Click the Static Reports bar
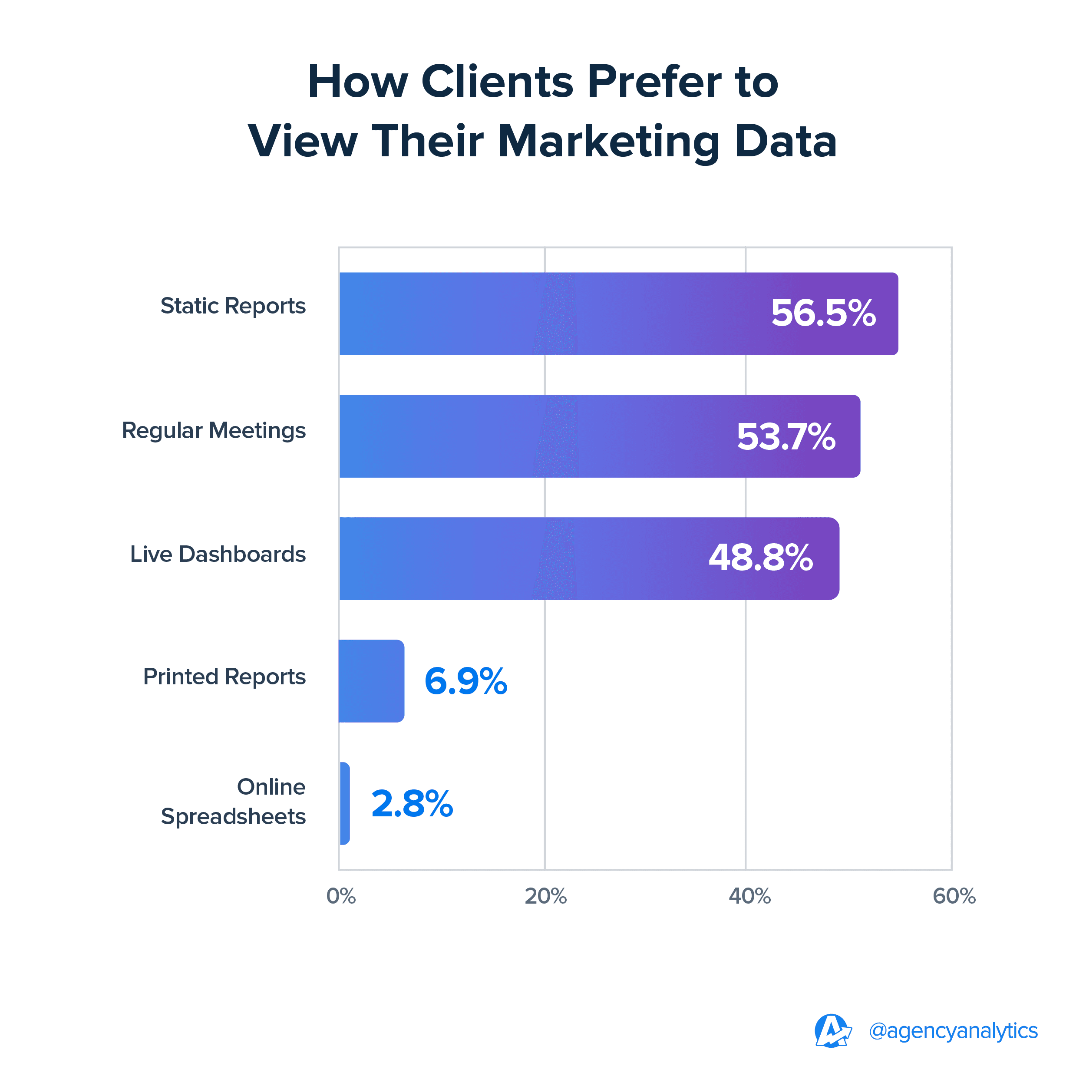[562, 314]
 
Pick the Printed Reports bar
[371, 681]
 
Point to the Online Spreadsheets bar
[345, 803]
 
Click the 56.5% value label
[823, 313]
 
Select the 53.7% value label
[786, 437]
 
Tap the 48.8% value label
[760, 558]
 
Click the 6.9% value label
[465, 681]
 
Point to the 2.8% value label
[412, 804]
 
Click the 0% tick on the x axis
[340, 896]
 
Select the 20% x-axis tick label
[545, 896]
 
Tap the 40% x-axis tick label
[749, 896]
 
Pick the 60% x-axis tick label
[954, 896]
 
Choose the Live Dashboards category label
[218, 554]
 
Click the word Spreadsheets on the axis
[233, 817]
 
